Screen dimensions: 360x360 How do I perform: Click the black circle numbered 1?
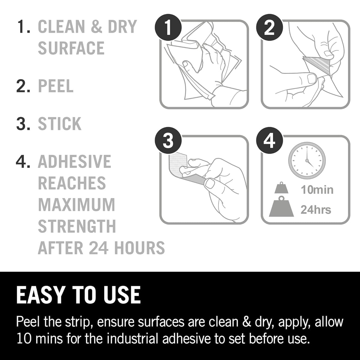click(168, 28)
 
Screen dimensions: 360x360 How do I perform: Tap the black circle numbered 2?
click(269, 28)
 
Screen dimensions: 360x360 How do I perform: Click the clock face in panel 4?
click(307, 161)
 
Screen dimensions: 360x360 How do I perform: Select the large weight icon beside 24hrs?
click(281, 207)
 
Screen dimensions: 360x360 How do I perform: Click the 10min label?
click(317, 190)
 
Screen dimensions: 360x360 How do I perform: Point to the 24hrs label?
click(316, 210)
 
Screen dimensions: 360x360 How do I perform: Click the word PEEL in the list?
click(56, 86)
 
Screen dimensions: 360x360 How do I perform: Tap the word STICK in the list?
click(60, 124)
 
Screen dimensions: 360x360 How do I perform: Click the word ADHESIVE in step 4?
click(74, 161)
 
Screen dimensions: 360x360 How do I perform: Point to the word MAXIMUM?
click(76, 205)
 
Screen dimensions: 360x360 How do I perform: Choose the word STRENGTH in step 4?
click(77, 226)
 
